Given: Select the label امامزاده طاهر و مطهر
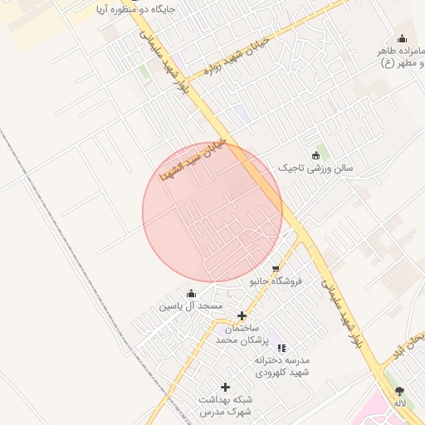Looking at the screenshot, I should pos(399,56).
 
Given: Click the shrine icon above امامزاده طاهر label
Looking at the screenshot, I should pos(403,38).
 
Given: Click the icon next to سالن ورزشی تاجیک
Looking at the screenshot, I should pos(315,155).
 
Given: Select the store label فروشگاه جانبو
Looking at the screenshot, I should pos(276,281).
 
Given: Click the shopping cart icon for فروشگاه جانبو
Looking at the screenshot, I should pos(276,267).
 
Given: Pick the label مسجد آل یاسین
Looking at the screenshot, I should pos(192,306).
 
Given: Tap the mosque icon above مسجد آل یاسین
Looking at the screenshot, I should pos(192,293).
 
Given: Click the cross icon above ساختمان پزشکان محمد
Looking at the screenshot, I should pos(242,315).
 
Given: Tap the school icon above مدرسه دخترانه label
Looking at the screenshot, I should pos(281,348).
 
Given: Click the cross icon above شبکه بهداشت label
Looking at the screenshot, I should pos(225,387).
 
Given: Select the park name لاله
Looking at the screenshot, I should pos(400,403).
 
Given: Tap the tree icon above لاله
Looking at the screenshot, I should pos(400,390).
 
